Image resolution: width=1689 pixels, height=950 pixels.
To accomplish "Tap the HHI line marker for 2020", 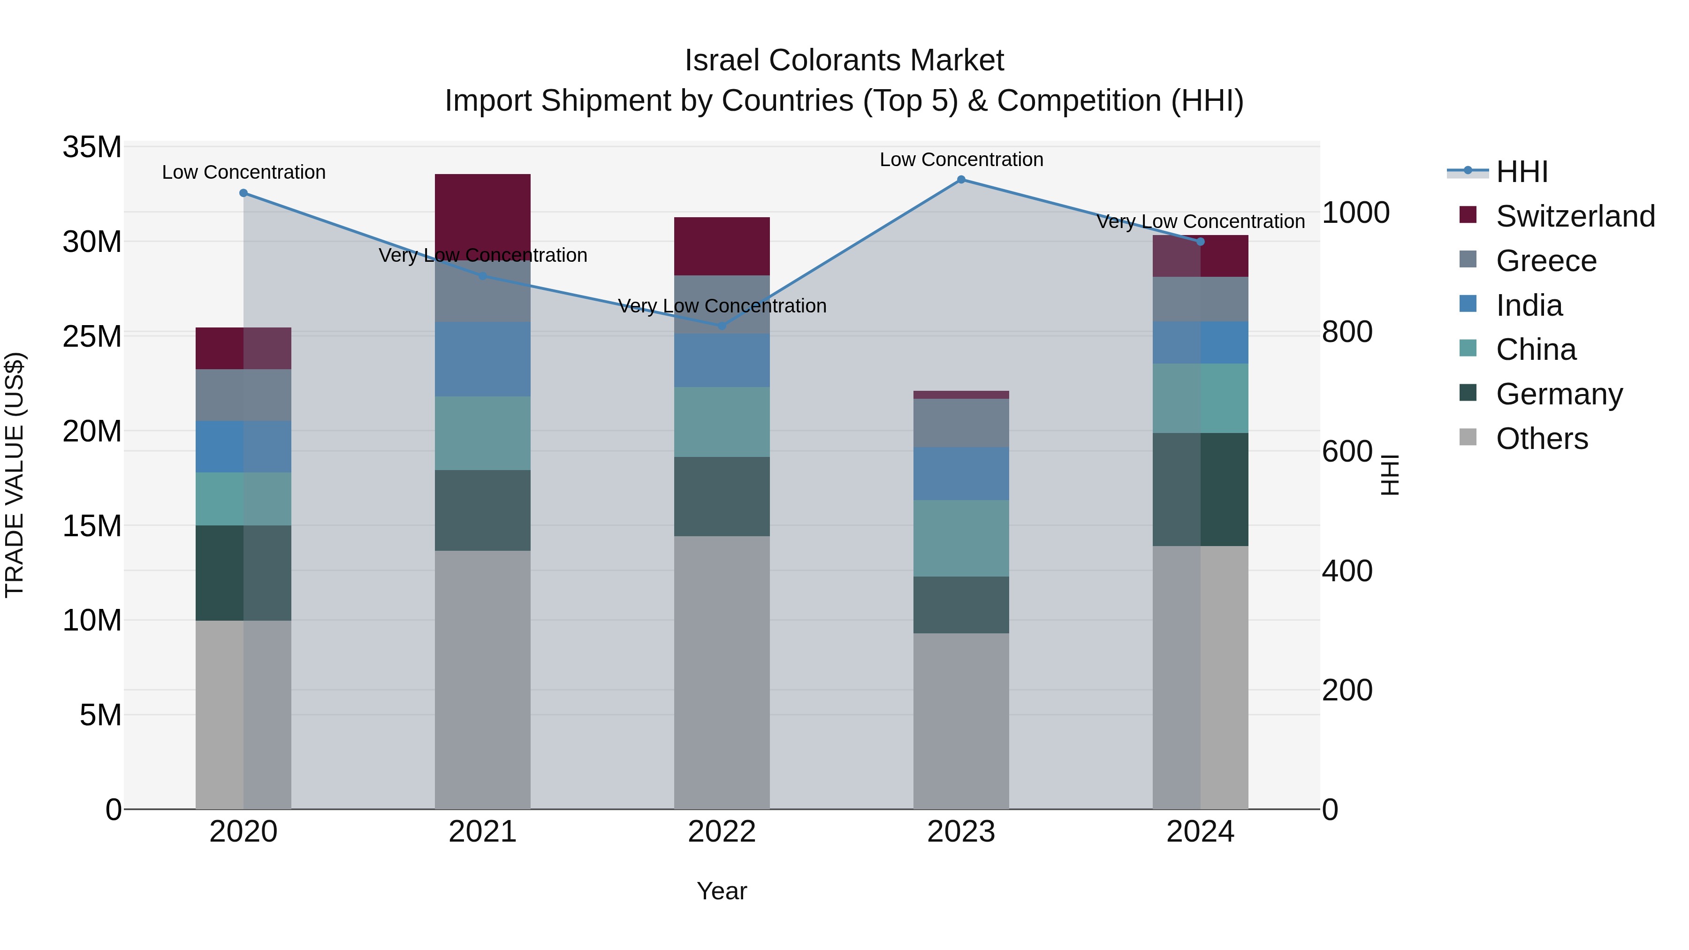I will pos(243,193).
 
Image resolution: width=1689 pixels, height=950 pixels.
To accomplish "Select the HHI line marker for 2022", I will pos(722,326).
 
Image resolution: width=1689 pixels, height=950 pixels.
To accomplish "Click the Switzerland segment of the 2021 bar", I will pos(483,216).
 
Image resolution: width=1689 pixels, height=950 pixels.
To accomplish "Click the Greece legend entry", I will pos(1545,261).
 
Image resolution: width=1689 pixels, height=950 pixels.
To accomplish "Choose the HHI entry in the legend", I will pos(1521,172).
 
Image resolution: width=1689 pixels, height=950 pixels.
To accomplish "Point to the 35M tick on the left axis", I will pos(92,147).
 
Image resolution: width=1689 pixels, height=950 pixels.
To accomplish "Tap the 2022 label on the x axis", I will pos(722,832).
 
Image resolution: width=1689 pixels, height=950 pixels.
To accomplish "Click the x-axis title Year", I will pos(722,891).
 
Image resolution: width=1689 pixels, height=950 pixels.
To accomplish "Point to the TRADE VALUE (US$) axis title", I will pos(15,475).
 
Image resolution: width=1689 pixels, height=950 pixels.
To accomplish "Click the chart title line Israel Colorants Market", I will pos(844,61).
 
